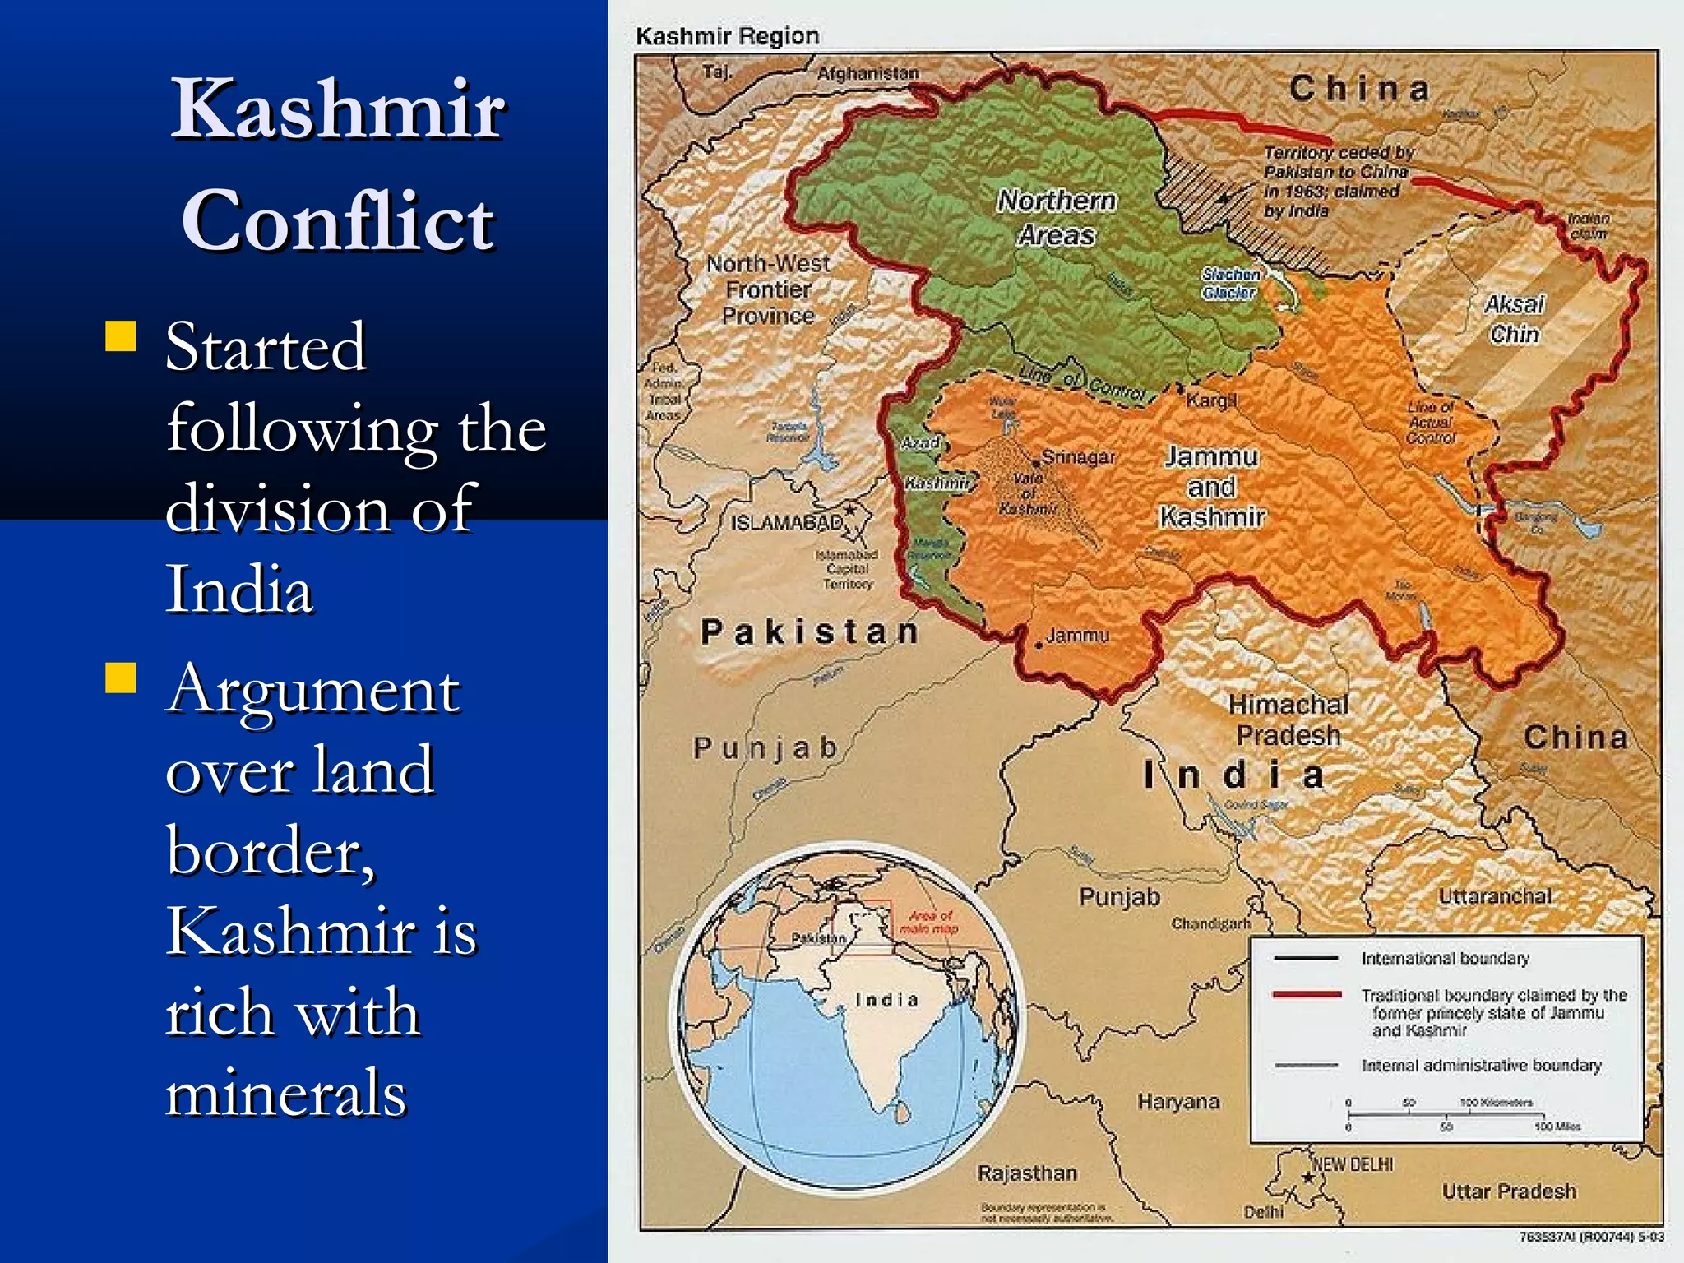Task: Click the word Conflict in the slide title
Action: (338, 220)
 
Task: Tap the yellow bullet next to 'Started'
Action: (121, 336)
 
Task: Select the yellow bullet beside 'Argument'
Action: (121, 678)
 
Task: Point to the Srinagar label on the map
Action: (1078, 457)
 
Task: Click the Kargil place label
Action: (1211, 400)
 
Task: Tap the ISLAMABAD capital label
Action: (787, 522)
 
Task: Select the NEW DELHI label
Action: (1353, 1164)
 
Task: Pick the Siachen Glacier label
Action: (1230, 283)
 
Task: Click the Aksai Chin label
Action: (1515, 319)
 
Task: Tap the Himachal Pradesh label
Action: (1288, 719)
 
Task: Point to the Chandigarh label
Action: (1210, 924)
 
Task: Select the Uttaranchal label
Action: (1495, 896)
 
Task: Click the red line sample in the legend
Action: (1307, 995)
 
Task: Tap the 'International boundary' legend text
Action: (1445, 959)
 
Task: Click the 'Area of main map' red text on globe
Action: (929, 922)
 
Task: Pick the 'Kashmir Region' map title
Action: (728, 36)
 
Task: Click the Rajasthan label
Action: (1027, 1173)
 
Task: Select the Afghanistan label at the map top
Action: (867, 73)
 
